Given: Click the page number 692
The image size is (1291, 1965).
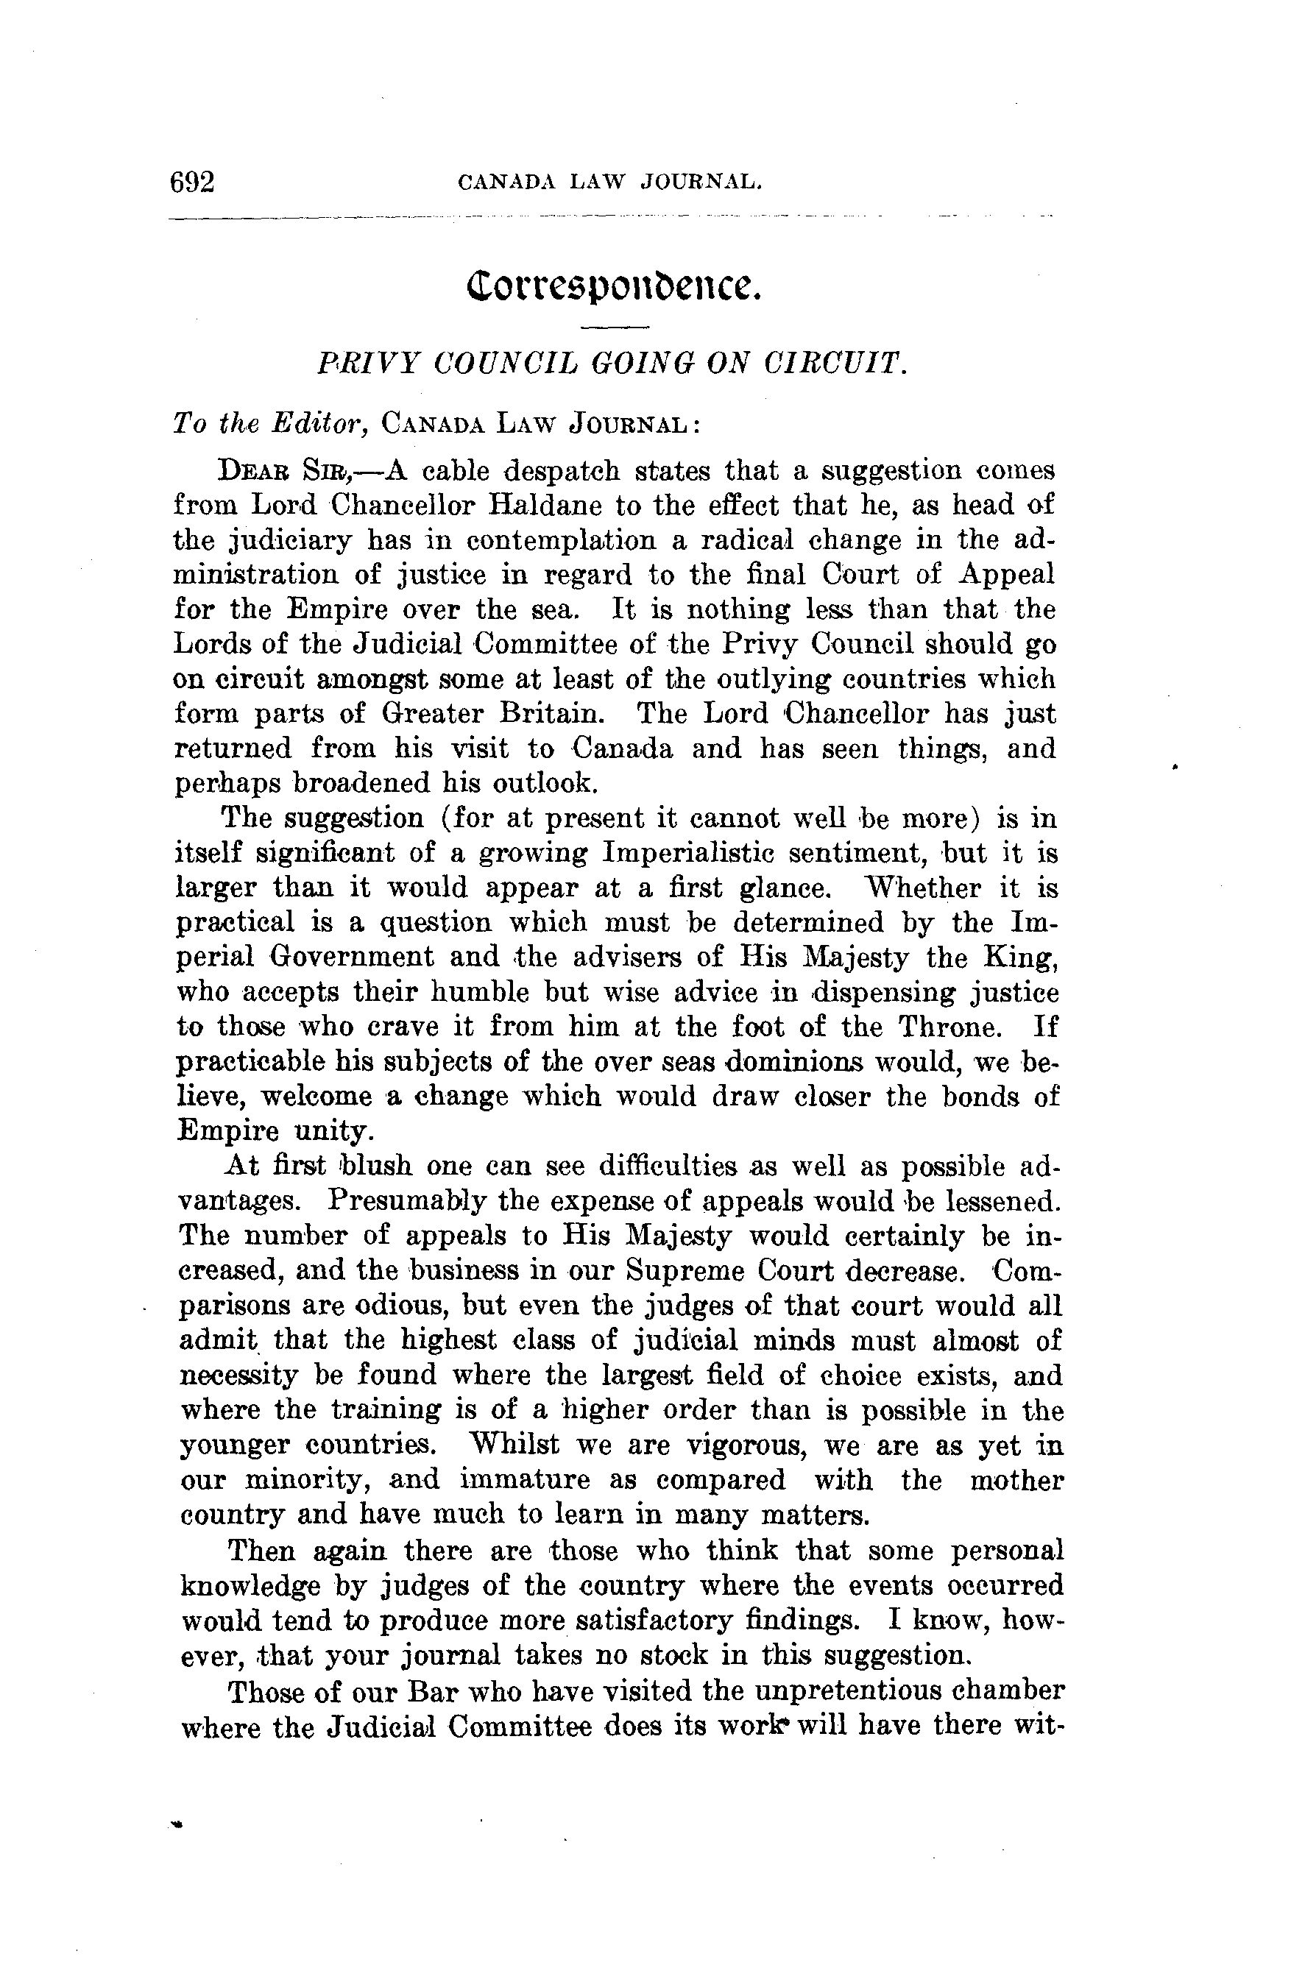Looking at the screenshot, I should click(191, 182).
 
